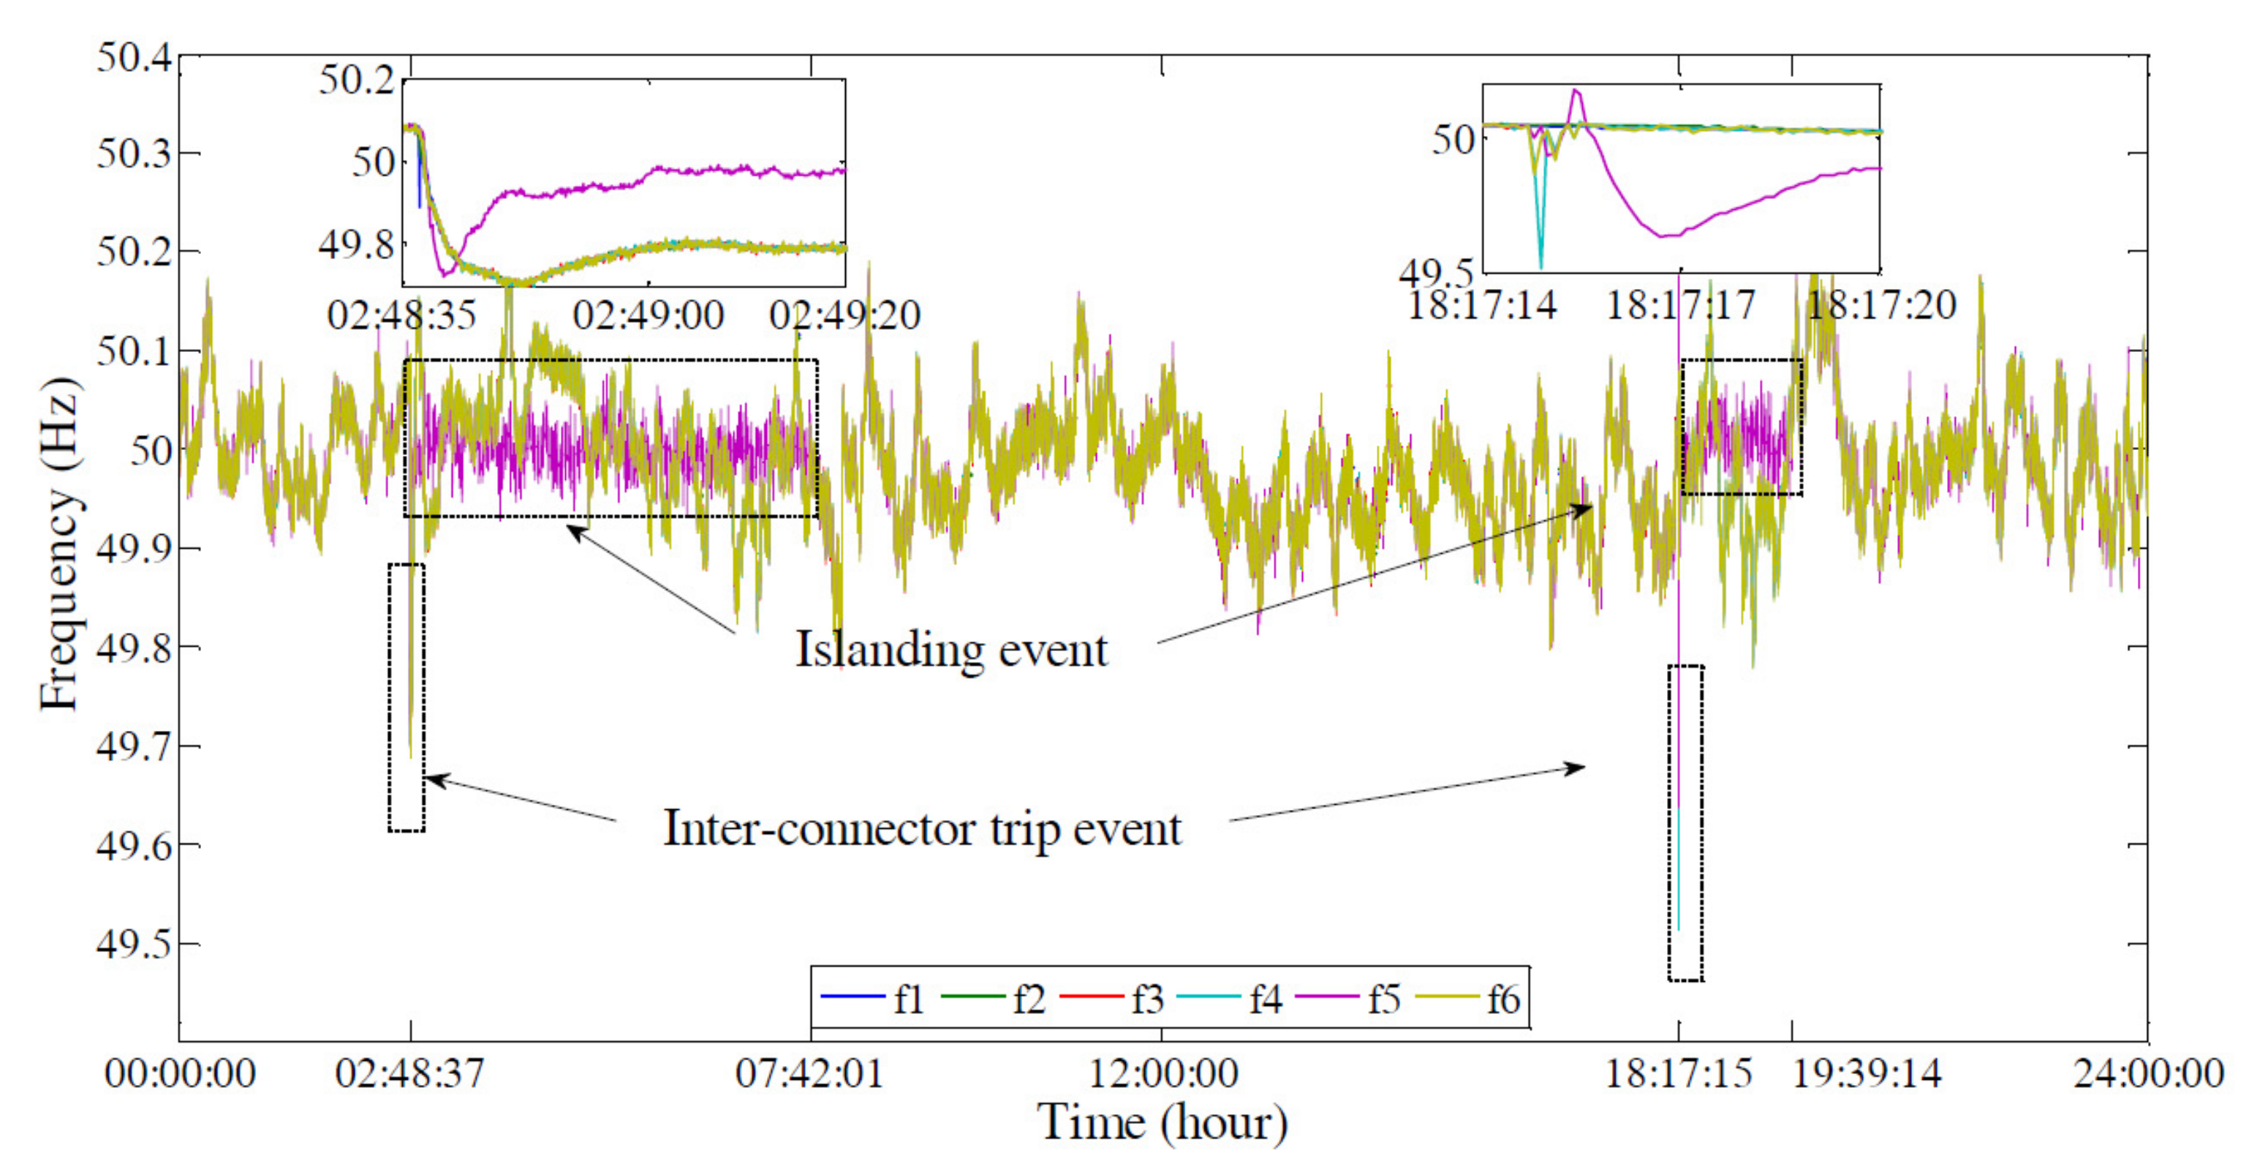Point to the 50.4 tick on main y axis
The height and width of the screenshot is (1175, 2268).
[x=134, y=57]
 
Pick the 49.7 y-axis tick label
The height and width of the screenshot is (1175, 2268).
[x=134, y=747]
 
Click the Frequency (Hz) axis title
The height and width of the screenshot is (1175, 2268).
[x=60, y=544]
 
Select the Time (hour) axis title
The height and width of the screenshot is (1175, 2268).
[x=1163, y=1123]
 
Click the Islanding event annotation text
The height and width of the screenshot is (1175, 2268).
[x=951, y=650]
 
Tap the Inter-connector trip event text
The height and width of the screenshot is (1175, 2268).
[x=922, y=829]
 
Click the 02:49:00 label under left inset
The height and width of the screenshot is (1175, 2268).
[x=648, y=315]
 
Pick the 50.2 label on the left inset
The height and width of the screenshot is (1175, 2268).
[x=357, y=80]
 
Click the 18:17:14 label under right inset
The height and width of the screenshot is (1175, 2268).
[x=1483, y=306]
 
